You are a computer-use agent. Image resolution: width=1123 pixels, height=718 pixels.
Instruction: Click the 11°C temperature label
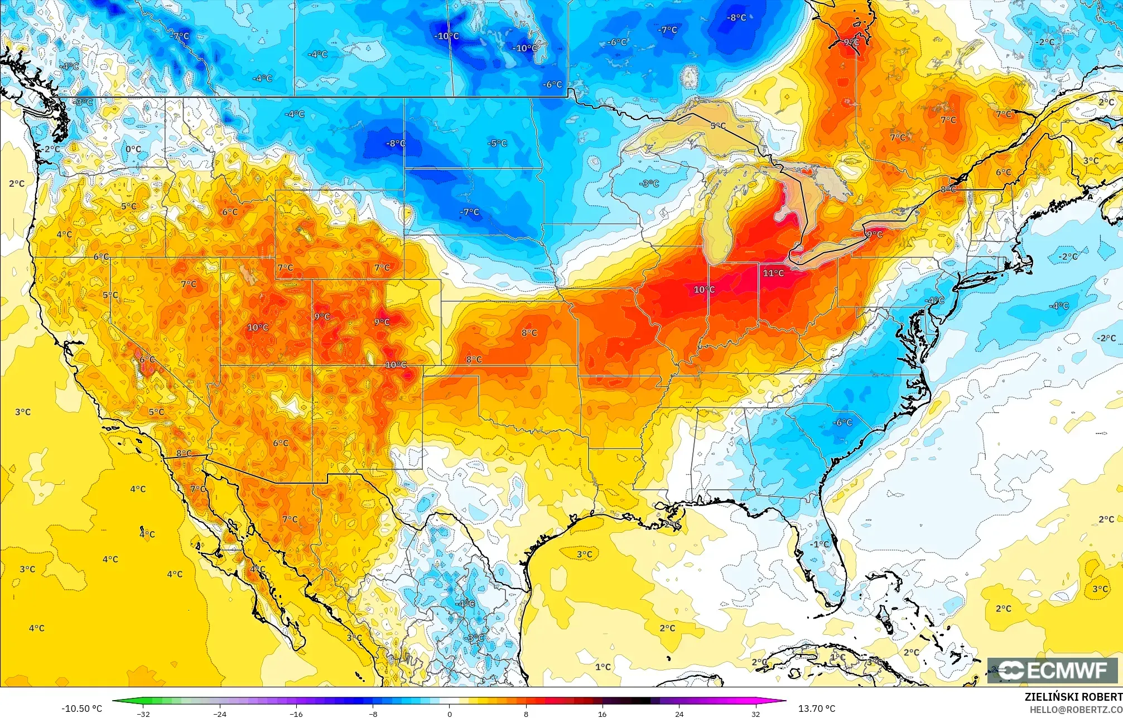pyautogui.click(x=773, y=273)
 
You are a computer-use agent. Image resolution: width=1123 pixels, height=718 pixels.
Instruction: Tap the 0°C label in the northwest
pyautogui.click(x=133, y=149)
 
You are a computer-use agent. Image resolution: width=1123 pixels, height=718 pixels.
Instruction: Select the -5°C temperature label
pyautogui.click(x=498, y=143)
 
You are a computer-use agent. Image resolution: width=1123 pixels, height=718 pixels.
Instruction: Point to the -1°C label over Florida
pyautogui.click(x=820, y=544)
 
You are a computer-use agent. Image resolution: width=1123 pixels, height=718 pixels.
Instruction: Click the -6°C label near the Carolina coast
pyautogui.click(x=842, y=422)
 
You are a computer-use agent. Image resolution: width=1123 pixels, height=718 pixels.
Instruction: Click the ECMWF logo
pyautogui.click(x=1052, y=670)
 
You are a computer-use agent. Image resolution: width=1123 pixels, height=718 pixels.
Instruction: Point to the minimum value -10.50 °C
pyautogui.click(x=82, y=709)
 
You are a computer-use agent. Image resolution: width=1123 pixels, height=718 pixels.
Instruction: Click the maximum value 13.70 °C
pyautogui.click(x=817, y=709)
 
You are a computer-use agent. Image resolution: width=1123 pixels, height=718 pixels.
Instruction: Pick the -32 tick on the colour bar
pyautogui.click(x=143, y=714)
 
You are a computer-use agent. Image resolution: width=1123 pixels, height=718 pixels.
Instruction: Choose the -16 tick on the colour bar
pyautogui.click(x=296, y=714)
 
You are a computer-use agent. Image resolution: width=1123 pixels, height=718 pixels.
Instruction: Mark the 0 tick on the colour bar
pyautogui.click(x=450, y=714)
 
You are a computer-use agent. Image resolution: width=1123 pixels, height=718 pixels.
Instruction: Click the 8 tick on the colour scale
pyautogui.click(x=526, y=714)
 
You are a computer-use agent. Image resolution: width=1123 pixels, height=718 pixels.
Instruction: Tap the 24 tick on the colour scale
pyautogui.click(x=679, y=714)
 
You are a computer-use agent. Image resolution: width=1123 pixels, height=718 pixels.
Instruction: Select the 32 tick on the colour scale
pyautogui.click(x=755, y=714)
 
